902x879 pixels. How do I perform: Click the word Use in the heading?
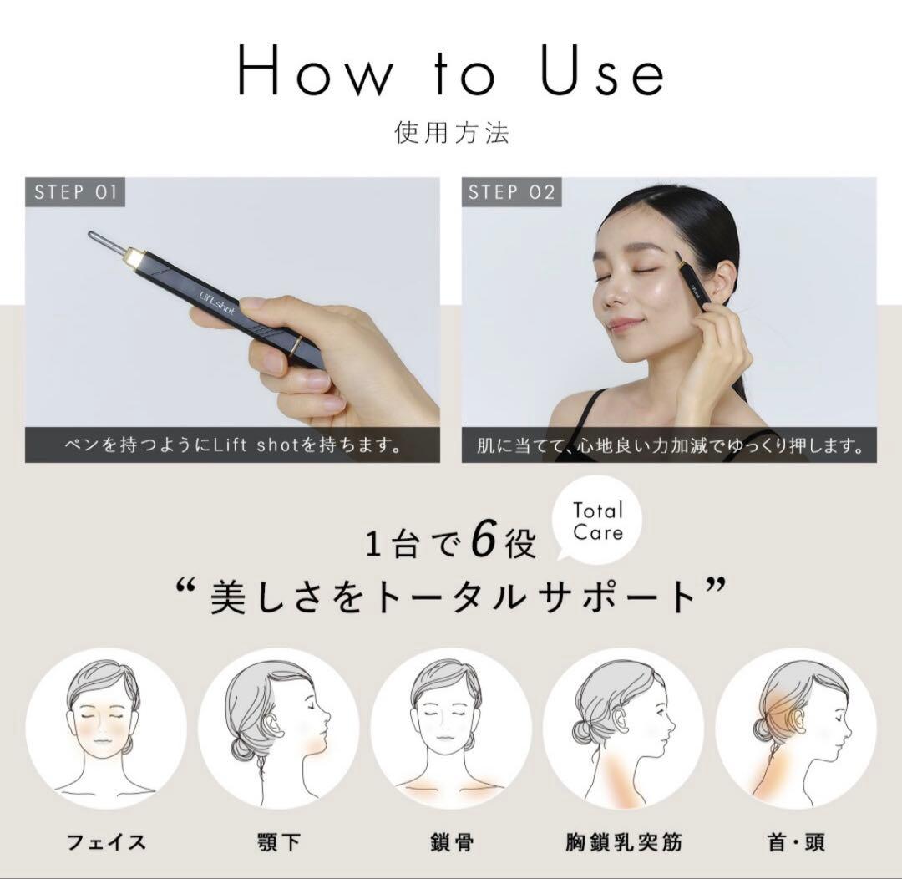(602, 72)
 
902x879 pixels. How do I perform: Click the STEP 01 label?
(75, 192)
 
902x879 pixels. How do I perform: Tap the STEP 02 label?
(511, 192)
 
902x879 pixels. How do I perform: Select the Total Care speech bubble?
(598, 521)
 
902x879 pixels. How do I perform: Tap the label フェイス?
(106, 841)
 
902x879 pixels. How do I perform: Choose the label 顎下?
(278, 841)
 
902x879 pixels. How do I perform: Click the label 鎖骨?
(451, 841)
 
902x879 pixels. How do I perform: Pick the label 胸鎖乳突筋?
(623, 841)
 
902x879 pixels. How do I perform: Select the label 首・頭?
(795, 841)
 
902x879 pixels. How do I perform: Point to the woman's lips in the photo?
(625, 323)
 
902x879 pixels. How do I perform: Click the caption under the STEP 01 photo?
(232, 445)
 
